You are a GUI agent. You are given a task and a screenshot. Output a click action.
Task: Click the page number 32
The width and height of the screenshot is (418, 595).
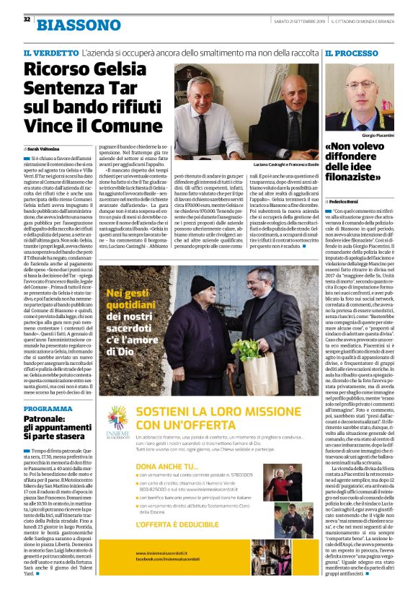pos(27,19)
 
